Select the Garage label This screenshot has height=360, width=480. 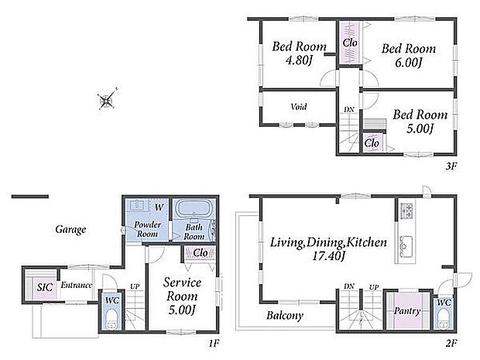[70, 229]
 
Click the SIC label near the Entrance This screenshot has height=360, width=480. [45, 287]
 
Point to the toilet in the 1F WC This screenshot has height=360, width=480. [111, 321]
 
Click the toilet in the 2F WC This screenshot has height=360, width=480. [444, 320]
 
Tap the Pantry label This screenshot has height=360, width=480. [406, 311]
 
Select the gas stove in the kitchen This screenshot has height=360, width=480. [406, 211]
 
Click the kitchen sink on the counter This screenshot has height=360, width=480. [406, 243]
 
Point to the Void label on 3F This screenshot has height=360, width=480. [299, 107]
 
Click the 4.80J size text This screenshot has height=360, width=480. [299, 60]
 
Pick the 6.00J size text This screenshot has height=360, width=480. [409, 63]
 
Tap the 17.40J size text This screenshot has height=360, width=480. [328, 256]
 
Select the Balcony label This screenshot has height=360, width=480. [285, 315]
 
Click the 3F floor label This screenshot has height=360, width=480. [451, 166]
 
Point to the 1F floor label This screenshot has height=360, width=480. [214, 344]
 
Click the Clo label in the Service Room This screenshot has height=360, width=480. [201, 253]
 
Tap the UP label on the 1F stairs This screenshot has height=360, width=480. [135, 286]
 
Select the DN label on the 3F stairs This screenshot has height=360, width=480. [349, 110]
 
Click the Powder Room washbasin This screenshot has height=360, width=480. [137, 205]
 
